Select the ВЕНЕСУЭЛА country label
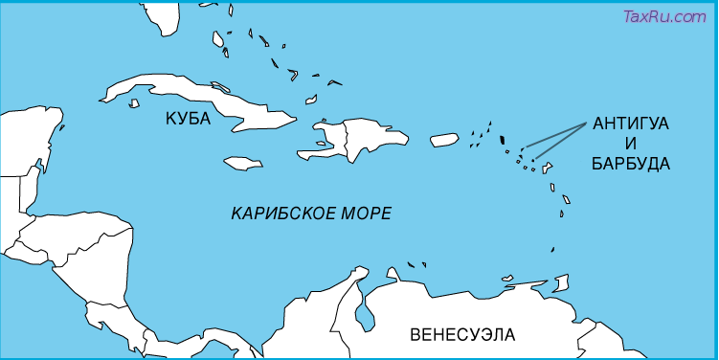461,334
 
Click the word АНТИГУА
631,124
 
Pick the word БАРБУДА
631,164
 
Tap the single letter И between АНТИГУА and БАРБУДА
630,145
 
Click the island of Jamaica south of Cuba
243,163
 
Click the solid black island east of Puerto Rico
504,140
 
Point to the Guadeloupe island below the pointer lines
548,169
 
